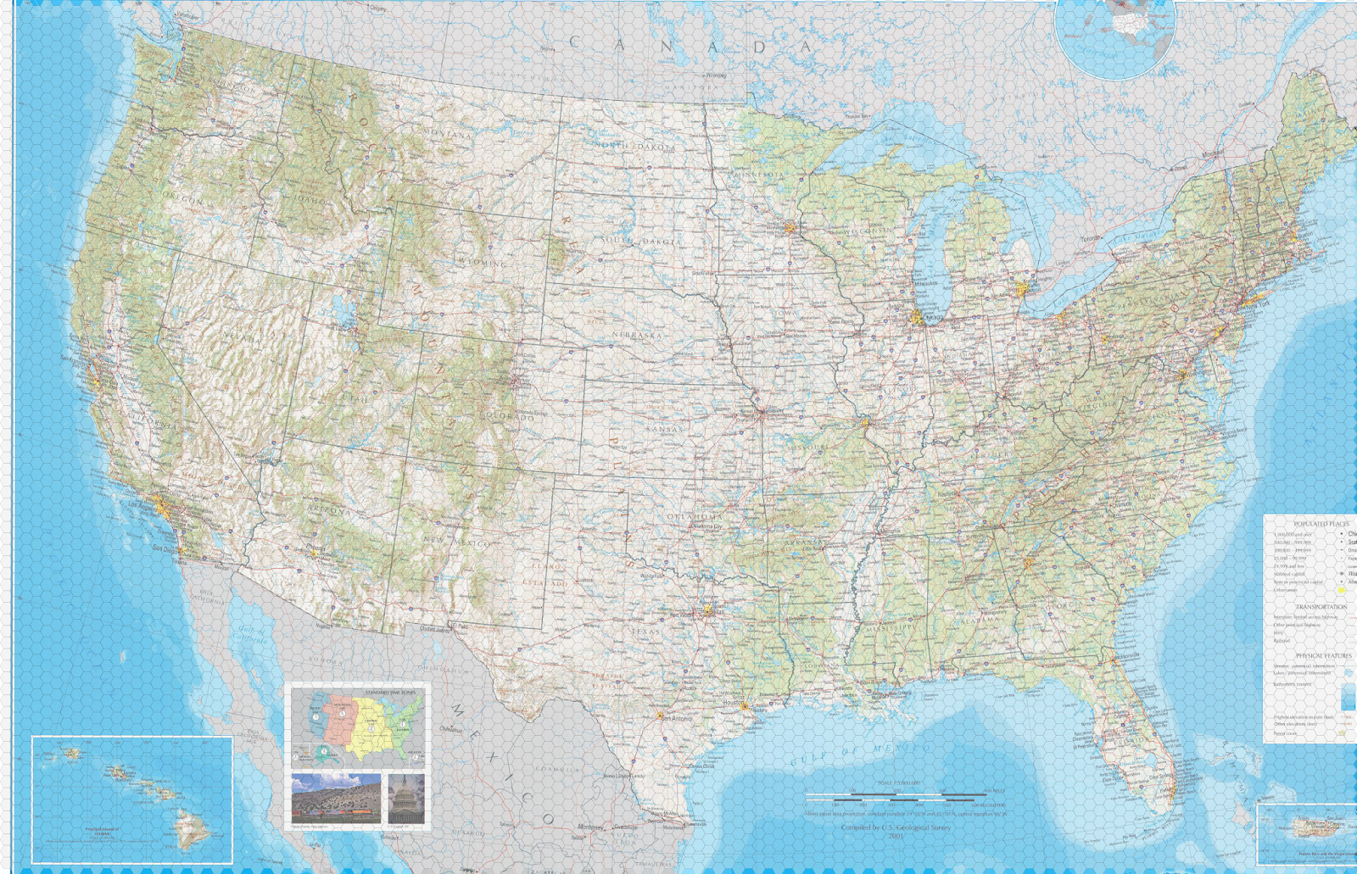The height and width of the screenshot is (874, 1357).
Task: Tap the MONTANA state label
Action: click(447, 134)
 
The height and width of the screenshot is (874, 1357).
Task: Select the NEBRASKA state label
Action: click(637, 335)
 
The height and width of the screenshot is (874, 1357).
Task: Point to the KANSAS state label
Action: click(664, 429)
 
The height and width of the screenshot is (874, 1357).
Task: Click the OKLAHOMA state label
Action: click(695, 516)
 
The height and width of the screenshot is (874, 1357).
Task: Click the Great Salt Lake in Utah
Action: click(344, 313)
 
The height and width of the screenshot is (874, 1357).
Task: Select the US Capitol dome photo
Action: click(405, 798)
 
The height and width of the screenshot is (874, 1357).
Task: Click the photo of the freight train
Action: click(336, 799)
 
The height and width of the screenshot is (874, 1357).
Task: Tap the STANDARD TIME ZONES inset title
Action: click(390, 693)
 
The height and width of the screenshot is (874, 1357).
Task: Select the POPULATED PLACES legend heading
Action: click(1321, 524)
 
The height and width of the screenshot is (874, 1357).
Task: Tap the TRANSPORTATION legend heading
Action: click(1321, 607)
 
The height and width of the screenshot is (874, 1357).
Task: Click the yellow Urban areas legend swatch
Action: click(1342, 590)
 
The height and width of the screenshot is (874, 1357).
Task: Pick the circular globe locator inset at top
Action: click(1114, 34)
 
